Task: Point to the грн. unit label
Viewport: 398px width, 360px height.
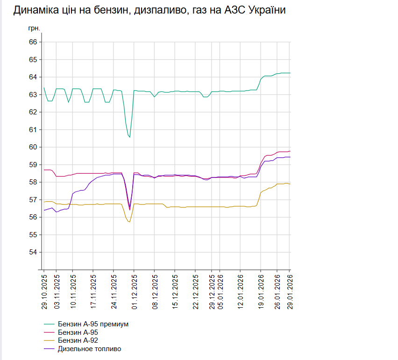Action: tap(34, 28)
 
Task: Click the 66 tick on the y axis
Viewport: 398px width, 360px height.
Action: tap(33, 42)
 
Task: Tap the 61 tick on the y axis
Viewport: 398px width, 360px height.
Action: tap(33, 129)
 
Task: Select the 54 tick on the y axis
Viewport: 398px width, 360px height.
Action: tap(33, 252)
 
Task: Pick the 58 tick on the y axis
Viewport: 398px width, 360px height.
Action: tap(33, 182)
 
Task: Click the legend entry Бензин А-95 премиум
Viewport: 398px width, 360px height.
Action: tap(92, 324)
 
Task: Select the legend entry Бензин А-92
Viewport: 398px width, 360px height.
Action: tap(78, 340)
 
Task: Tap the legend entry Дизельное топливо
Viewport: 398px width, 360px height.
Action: tap(89, 349)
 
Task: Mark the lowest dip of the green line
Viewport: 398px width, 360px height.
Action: tap(129, 137)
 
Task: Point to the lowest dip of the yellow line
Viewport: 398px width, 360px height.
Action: tap(129, 221)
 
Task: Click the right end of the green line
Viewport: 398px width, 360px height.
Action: tap(290, 73)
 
